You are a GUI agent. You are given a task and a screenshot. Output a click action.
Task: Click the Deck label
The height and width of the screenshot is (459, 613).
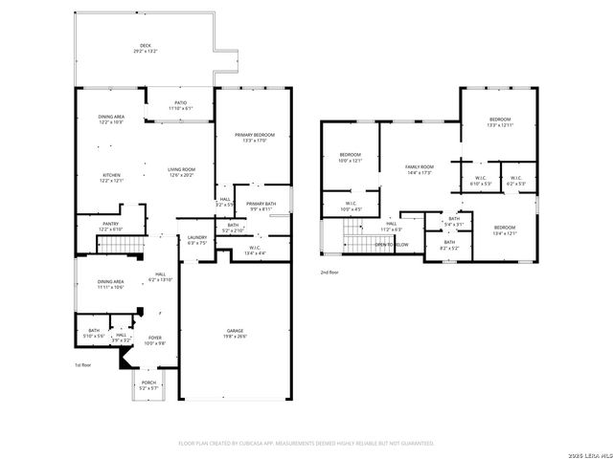point(145,45)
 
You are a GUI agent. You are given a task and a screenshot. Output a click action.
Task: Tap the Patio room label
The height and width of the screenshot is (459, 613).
point(179,102)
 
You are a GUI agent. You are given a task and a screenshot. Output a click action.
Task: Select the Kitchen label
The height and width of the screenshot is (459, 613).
point(111,176)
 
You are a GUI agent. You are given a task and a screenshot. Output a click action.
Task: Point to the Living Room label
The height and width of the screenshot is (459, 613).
point(181,169)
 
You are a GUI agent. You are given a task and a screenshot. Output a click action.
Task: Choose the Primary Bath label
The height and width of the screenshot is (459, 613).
point(261,204)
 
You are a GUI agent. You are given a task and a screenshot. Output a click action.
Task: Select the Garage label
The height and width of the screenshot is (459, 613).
point(235,330)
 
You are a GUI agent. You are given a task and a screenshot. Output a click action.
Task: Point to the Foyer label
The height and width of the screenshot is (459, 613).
point(154,338)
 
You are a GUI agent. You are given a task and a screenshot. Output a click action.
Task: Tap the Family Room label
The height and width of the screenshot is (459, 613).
point(420,167)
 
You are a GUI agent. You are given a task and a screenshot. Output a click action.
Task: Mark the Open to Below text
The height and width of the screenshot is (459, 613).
point(392,245)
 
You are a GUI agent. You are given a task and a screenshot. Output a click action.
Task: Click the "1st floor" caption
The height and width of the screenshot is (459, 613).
point(83,365)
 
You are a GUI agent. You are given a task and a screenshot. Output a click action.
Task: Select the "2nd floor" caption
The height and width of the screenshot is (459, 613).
point(329,272)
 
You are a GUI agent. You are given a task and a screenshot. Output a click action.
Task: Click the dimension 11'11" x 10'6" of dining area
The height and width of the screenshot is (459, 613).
point(111,287)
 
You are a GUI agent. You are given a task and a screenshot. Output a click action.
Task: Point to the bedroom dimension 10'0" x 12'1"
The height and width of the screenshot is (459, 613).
point(350,161)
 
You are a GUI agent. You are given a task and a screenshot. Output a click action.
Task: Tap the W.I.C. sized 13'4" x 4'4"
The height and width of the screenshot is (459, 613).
point(255,252)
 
